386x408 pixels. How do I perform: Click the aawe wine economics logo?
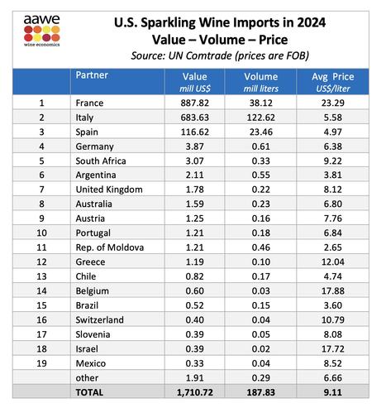coord(41,31)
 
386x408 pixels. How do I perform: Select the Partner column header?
coord(92,75)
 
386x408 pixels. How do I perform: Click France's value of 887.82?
coord(195,103)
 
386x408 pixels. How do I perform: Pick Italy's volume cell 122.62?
coord(261,118)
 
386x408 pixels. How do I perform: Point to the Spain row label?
coord(87,132)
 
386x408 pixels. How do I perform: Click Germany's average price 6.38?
coord(333,146)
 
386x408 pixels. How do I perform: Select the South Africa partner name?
coord(101,161)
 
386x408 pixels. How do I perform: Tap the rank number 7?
coord(41,190)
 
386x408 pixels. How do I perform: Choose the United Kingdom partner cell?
coord(109,190)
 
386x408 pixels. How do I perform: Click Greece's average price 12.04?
coord(333,262)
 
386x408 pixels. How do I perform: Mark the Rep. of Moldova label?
coord(110,247)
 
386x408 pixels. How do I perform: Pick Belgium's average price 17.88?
coord(333,290)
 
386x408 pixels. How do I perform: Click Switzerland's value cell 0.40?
coord(195,319)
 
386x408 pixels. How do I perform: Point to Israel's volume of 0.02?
coord(261,348)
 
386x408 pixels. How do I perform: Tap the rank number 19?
coord(41,363)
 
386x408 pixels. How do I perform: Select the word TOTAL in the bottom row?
coord(89,392)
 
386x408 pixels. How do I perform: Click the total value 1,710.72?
coord(195,392)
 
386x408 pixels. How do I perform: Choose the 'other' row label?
coord(87,378)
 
